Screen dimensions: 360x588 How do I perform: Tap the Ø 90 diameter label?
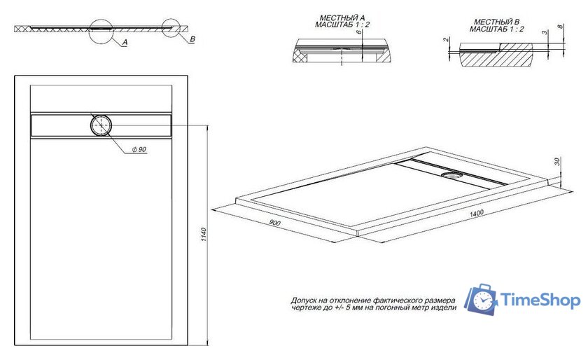(138, 150)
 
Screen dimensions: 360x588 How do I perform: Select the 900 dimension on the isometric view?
(274, 223)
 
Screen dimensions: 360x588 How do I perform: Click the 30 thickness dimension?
(557, 162)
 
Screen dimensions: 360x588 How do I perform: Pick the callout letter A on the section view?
(124, 43)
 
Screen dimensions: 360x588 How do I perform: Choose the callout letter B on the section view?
(192, 40)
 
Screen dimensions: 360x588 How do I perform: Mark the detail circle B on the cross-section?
(173, 28)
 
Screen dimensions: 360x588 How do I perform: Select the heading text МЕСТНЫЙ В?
(496, 22)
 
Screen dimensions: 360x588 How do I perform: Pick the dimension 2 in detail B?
(445, 40)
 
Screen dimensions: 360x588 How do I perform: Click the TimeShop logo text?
(541, 301)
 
